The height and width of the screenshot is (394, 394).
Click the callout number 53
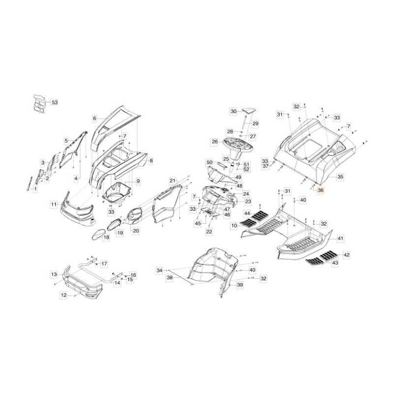pyautogui.click(x=55, y=102)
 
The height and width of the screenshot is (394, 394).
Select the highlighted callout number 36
pyautogui.click(x=321, y=190)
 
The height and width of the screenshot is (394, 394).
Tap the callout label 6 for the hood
pyautogui.click(x=95, y=118)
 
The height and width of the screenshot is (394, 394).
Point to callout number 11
pyautogui.click(x=54, y=204)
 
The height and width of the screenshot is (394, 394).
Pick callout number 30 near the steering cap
pyautogui.click(x=233, y=111)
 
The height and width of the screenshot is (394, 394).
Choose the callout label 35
pyautogui.click(x=340, y=177)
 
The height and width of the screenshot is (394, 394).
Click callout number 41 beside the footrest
pyautogui.click(x=340, y=238)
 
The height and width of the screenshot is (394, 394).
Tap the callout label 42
pyautogui.click(x=346, y=255)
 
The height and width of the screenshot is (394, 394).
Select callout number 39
pyautogui.click(x=240, y=285)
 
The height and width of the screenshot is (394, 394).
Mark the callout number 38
pyautogui.click(x=170, y=278)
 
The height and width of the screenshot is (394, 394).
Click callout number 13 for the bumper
pyautogui.click(x=54, y=274)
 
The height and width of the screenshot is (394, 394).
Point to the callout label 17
pyautogui.click(x=104, y=263)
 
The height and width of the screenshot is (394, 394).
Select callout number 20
pyautogui.click(x=136, y=230)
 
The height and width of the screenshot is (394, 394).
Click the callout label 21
pyautogui.click(x=172, y=181)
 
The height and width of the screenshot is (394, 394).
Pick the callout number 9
pyautogui.click(x=138, y=181)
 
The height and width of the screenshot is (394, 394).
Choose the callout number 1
pyautogui.click(x=35, y=189)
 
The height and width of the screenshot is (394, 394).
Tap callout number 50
pyautogui.click(x=209, y=163)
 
